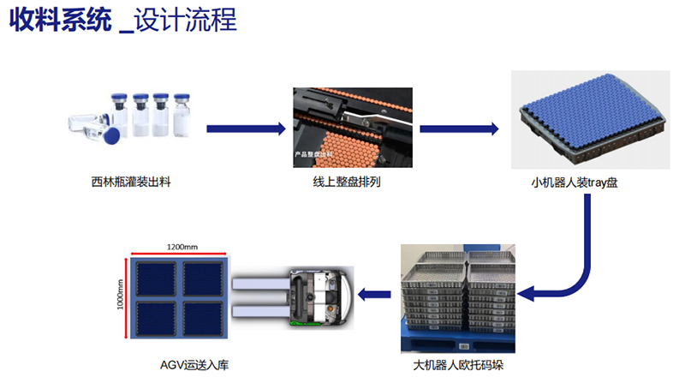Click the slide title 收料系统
tap(59, 21)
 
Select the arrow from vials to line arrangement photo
tap(245, 129)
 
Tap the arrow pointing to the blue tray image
tap(459, 129)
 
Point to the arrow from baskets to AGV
tap(376, 296)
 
